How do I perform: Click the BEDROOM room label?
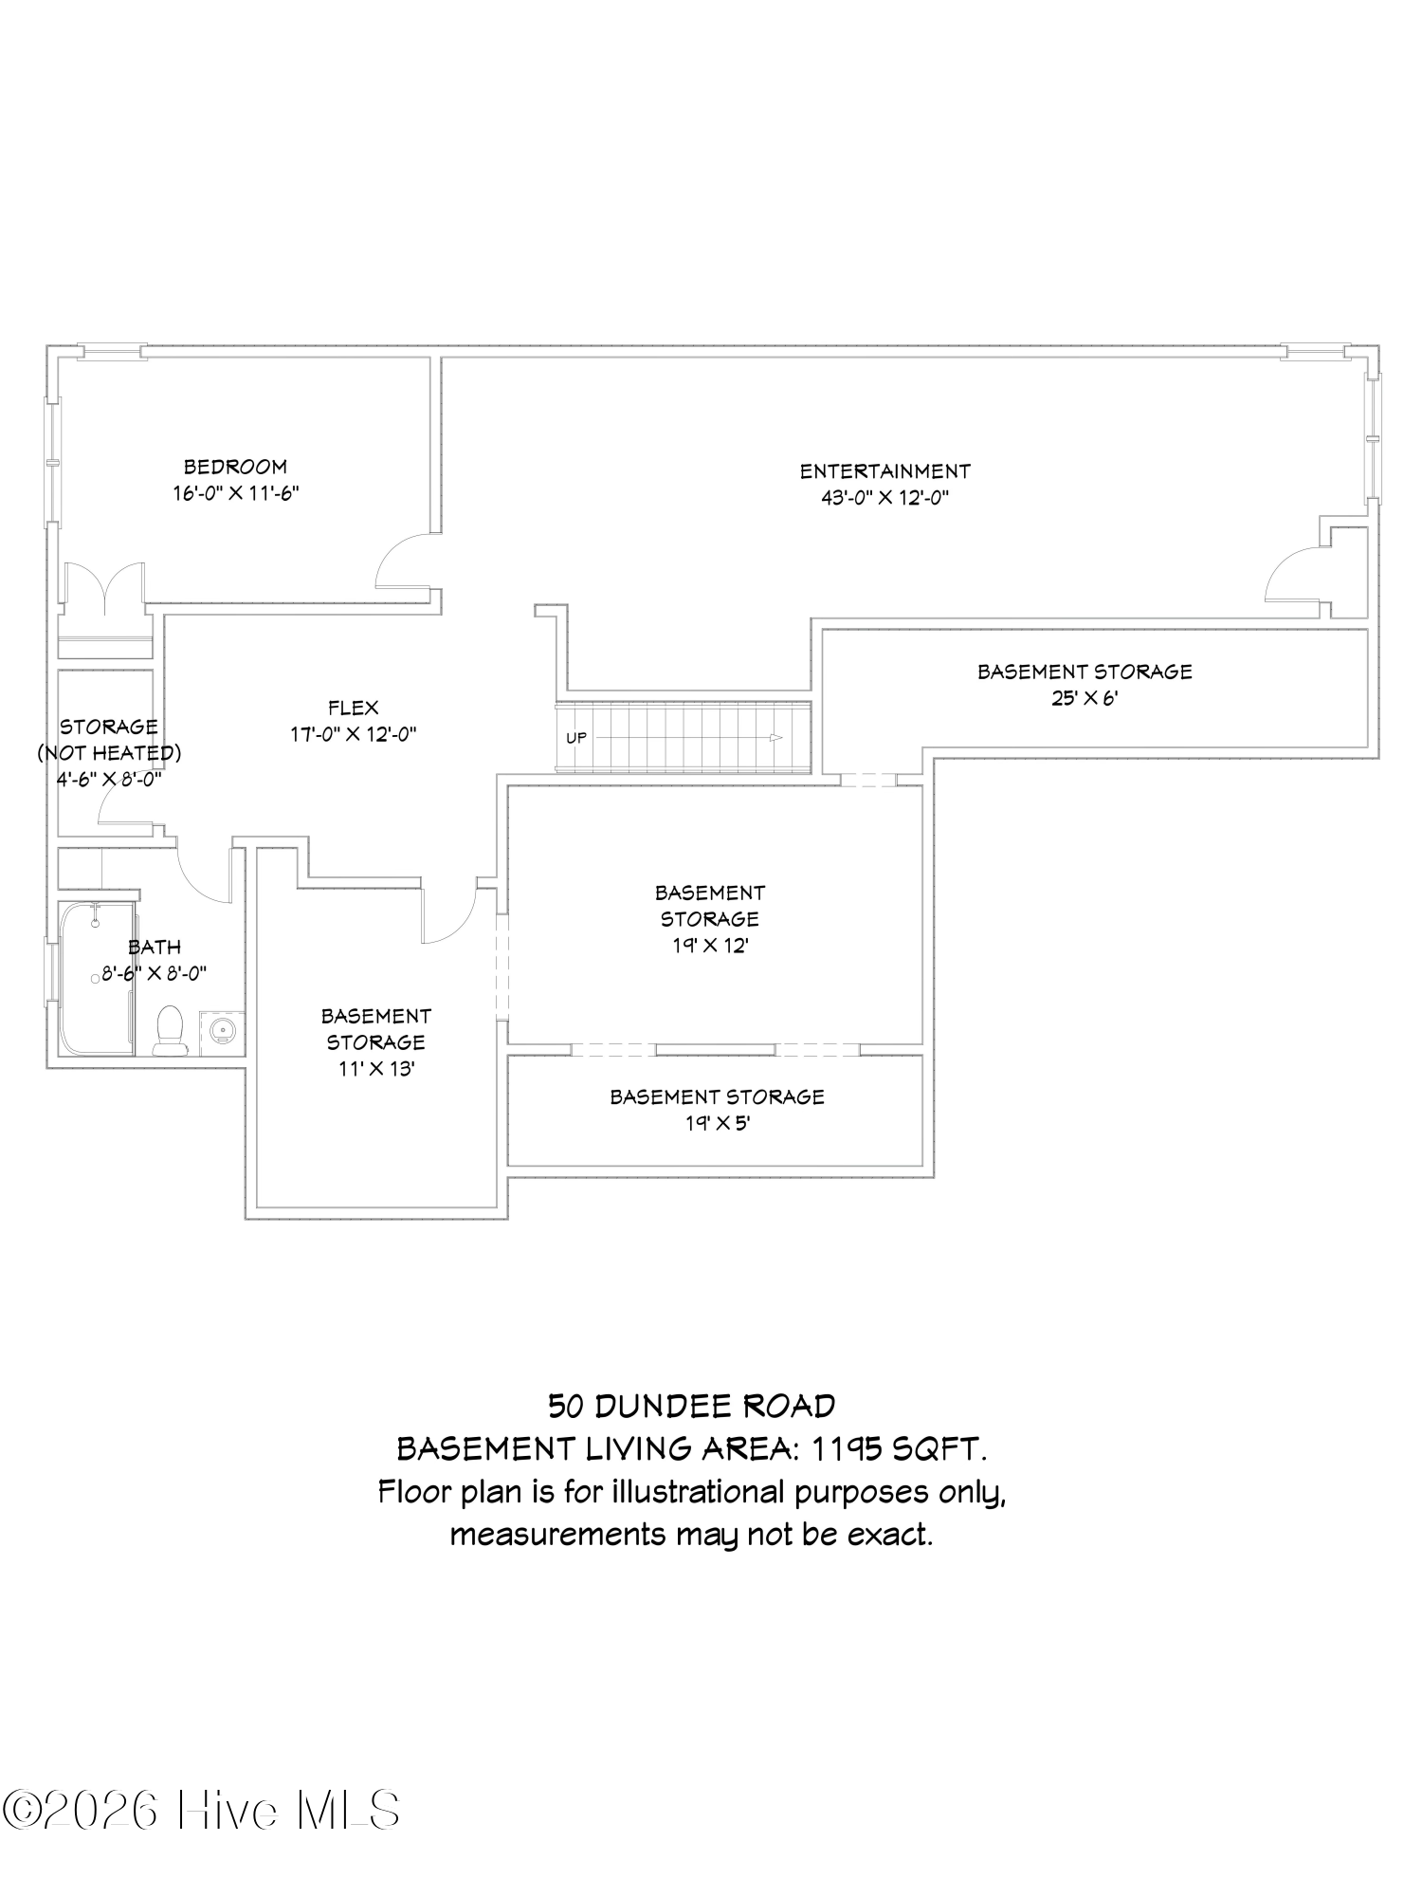(235, 467)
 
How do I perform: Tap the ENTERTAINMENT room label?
(884, 471)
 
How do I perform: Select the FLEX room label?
(354, 708)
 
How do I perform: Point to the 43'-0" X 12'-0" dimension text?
(884, 498)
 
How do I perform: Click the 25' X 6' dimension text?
(1085, 698)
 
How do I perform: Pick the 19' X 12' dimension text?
(709, 946)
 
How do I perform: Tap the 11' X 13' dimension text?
(375, 1069)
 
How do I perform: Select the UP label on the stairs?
(576, 738)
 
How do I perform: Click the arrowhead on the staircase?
(776, 738)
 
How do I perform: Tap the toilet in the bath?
(170, 1031)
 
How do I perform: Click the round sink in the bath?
(222, 1028)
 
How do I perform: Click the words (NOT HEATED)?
(109, 753)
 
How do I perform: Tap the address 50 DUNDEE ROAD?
(692, 1406)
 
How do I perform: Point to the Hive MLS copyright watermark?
(200, 1811)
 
